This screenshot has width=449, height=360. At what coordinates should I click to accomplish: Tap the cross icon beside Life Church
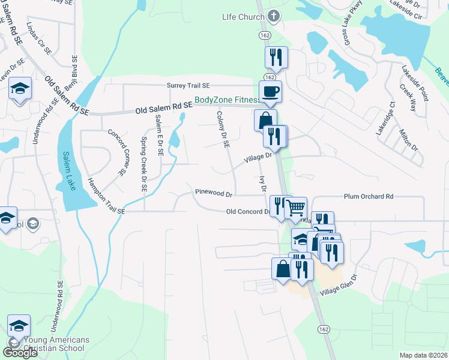pos(274,17)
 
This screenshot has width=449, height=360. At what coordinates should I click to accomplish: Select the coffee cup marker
pos(270,92)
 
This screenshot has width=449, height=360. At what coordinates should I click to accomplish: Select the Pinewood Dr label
pos(213,193)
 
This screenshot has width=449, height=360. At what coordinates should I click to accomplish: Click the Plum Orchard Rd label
pos(369,196)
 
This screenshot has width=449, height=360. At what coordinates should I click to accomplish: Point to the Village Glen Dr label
pos(339,286)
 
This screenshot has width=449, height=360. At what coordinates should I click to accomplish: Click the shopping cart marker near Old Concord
pos(295,208)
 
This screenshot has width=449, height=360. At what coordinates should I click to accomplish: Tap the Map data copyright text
pos(423,355)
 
